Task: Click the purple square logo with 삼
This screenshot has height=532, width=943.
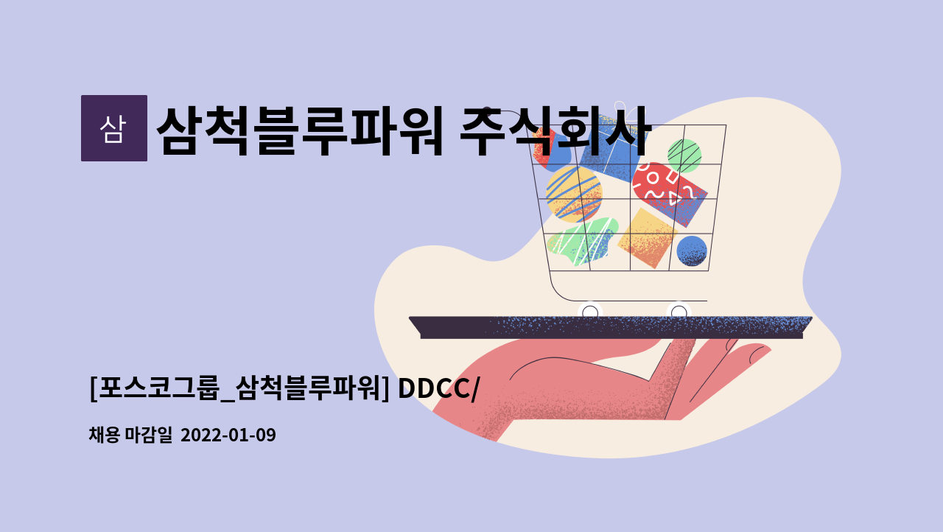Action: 114,128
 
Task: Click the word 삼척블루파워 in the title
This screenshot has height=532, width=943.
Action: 300,131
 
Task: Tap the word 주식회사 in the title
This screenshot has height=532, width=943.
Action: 555,131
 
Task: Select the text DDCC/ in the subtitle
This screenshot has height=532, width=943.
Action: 438,388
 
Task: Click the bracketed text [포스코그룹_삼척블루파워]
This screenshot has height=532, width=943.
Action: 239,388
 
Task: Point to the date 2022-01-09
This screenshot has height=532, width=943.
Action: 228,435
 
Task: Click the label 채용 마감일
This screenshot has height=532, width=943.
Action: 130,435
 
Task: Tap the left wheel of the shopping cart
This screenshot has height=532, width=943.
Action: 590,312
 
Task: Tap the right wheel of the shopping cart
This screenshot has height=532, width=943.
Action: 679,312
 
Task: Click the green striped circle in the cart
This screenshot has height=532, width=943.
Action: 684,155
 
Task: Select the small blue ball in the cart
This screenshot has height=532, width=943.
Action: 692,251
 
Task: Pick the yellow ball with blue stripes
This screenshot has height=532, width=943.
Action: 574,194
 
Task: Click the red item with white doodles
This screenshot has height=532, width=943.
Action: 670,195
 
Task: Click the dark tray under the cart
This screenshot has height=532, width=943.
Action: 611,327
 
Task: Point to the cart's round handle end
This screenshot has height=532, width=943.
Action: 486,111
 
